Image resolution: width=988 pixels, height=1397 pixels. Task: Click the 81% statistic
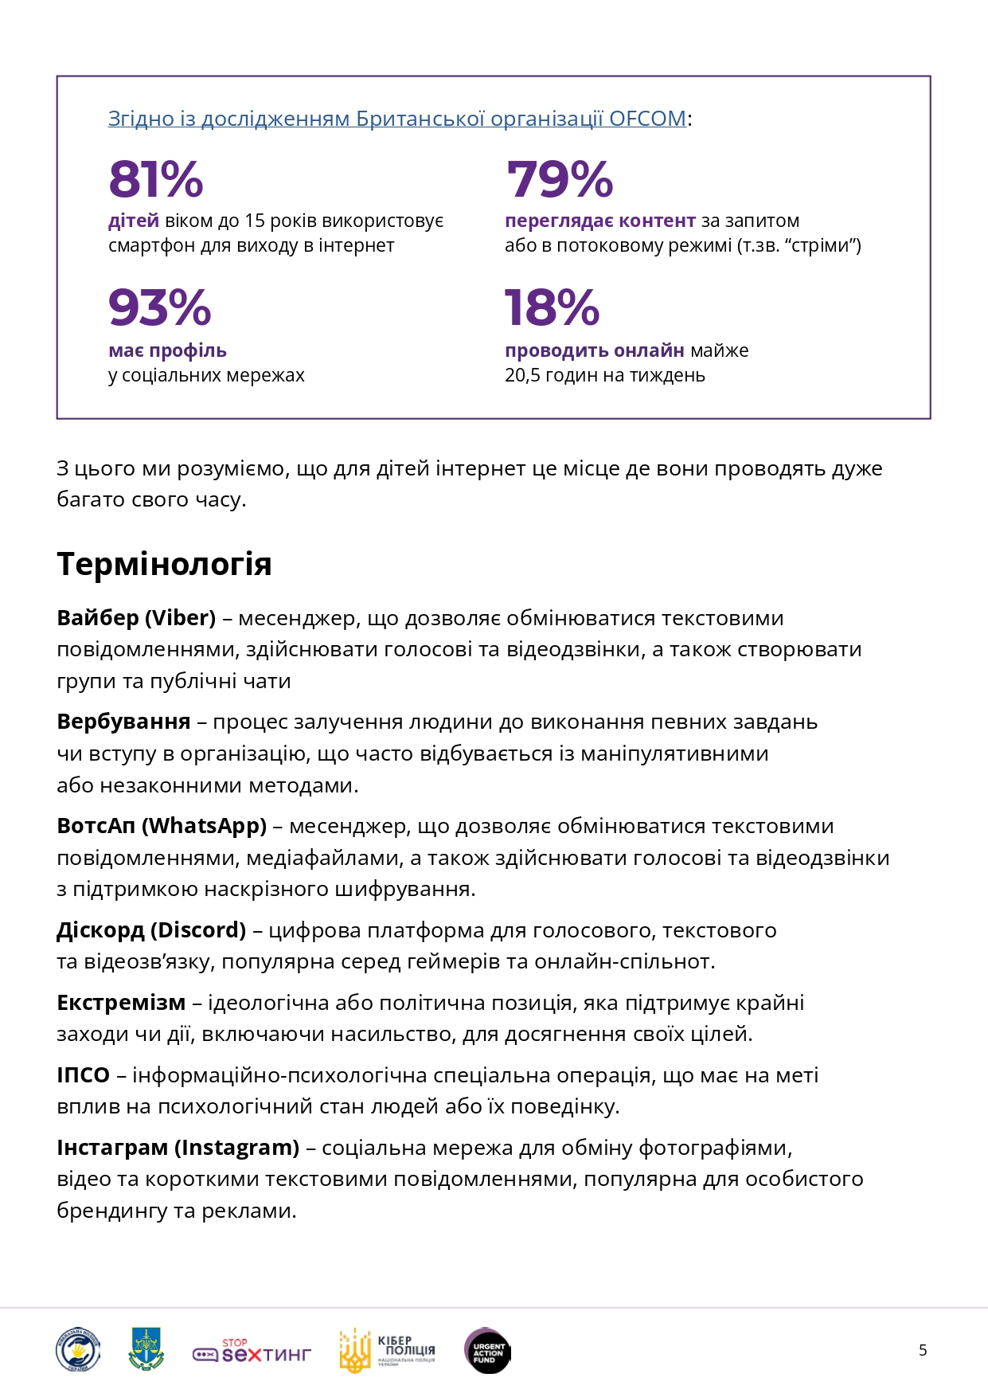click(x=156, y=179)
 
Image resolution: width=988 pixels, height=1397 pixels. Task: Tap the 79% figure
click(x=559, y=179)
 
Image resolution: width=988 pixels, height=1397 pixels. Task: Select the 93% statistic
click(x=159, y=307)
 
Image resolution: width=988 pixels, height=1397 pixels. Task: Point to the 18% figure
click(x=552, y=307)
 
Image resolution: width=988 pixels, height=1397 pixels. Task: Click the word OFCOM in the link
click(x=647, y=119)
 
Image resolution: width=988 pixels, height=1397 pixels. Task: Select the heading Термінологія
click(x=164, y=564)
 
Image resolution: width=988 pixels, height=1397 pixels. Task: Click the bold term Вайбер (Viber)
click(x=136, y=618)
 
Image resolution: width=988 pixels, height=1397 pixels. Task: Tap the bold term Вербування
click(x=123, y=722)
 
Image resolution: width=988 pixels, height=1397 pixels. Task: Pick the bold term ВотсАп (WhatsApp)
click(x=162, y=826)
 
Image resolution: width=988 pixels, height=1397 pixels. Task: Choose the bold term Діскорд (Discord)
click(x=151, y=930)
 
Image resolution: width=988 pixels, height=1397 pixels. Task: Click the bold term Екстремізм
click(x=121, y=1003)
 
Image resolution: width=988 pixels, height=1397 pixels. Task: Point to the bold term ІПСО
click(x=83, y=1075)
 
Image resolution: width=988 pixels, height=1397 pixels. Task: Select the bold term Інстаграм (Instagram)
click(x=178, y=1148)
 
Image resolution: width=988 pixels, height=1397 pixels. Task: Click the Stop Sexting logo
click(x=252, y=1351)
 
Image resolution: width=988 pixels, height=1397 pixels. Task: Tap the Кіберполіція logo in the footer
click(x=387, y=1350)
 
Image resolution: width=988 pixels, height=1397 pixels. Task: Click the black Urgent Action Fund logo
click(x=487, y=1351)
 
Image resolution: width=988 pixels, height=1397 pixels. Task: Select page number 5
click(x=923, y=1350)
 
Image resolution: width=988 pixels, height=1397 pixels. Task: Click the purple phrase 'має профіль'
click(x=167, y=350)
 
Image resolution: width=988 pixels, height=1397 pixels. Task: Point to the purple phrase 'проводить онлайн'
click(x=594, y=350)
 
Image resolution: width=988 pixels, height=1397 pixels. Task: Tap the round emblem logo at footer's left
click(x=77, y=1350)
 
